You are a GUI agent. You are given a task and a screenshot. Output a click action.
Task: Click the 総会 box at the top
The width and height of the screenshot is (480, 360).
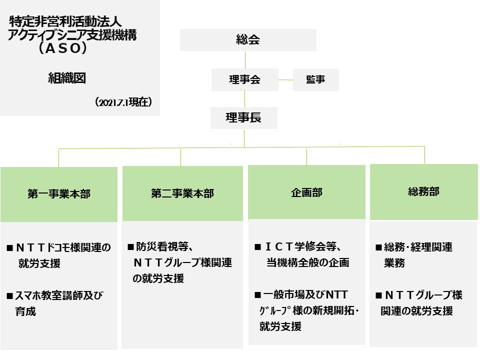(248, 40)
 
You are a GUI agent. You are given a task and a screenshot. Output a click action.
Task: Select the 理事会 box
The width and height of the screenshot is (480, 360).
(244, 79)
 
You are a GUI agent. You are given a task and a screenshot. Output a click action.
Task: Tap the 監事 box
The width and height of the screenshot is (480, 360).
(315, 79)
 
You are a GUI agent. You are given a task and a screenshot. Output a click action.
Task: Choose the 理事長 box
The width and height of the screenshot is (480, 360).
(243, 118)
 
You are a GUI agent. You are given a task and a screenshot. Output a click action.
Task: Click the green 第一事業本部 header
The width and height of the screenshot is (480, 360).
(59, 194)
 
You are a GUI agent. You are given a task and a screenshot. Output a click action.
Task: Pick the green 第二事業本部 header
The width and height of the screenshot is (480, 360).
(182, 193)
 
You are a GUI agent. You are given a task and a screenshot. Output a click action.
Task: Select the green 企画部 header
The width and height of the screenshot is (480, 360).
(306, 193)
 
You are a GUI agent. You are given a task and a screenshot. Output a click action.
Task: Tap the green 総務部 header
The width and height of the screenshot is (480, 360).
(423, 191)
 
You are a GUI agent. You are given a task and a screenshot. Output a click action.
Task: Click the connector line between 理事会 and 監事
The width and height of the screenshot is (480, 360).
(285, 79)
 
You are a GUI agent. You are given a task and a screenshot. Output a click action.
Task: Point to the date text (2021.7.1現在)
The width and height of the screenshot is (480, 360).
(123, 101)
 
